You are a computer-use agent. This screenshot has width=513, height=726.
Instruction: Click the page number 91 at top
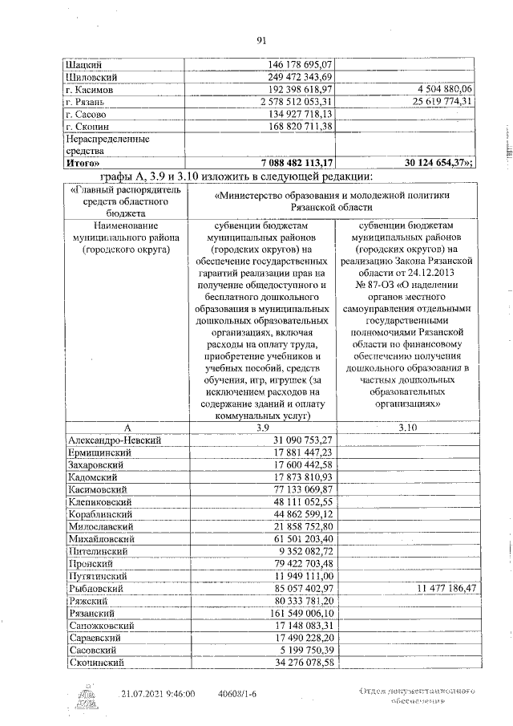(x=261, y=41)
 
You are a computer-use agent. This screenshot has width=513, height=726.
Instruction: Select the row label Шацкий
(x=83, y=63)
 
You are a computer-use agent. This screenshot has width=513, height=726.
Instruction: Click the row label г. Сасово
(x=86, y=115)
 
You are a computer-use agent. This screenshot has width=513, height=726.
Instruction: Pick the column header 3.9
(x=262, y=428)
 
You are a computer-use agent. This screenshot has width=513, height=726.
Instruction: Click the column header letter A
(x=125, y=428)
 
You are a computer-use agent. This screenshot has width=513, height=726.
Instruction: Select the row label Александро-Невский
(x=115, y=440)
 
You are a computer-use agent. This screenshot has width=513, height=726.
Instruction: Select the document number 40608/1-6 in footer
(x=239, y=692)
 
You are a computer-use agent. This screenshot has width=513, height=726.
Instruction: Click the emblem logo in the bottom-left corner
(x=87, y=695)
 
